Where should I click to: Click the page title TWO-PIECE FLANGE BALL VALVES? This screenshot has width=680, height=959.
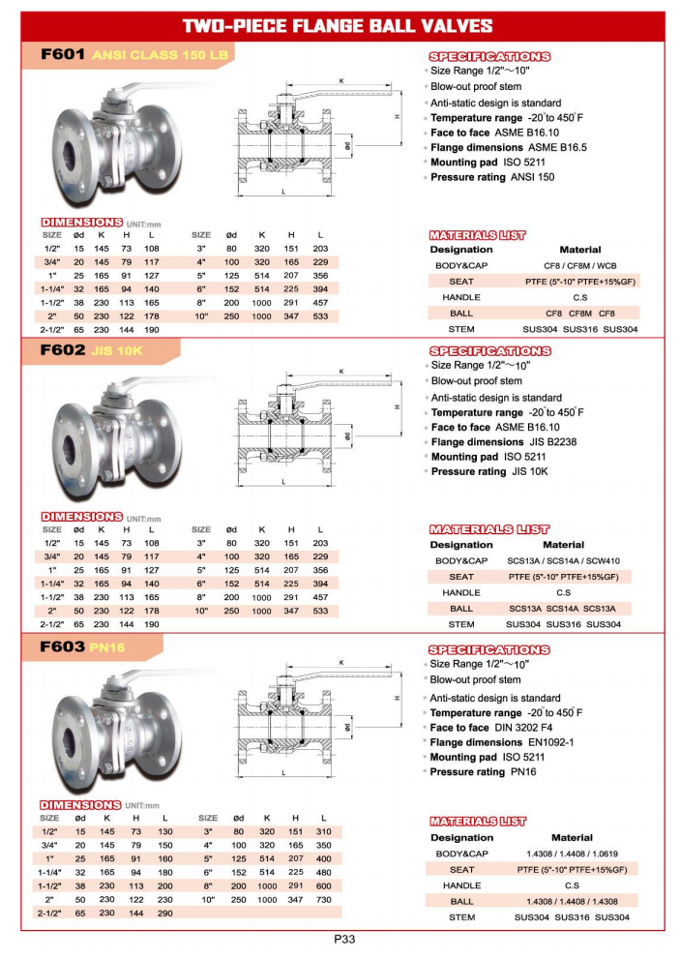tap(339, 26)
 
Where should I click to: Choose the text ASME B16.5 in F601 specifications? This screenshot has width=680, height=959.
tap(557, 147)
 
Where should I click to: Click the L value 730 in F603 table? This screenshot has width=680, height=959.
tap(324, 900)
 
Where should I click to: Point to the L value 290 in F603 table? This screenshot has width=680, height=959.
tap(164, 914)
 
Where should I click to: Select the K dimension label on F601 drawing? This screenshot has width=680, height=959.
tap(340, 80)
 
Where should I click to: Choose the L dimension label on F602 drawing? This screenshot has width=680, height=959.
tap(282, 482)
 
